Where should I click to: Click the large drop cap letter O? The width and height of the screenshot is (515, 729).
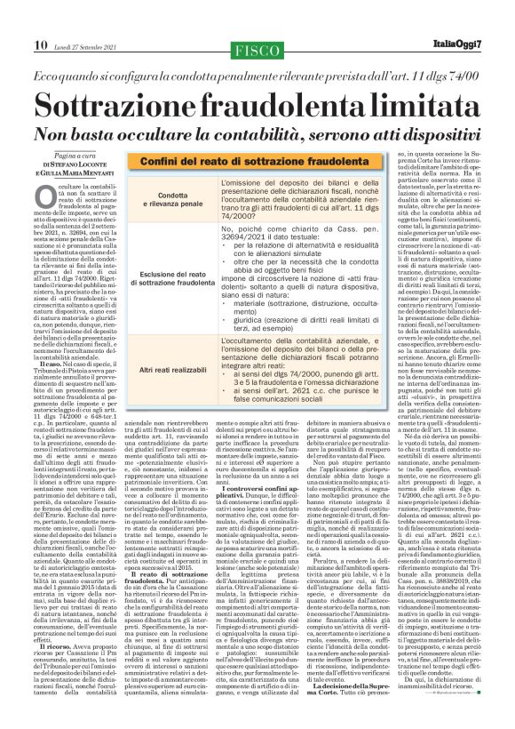coord(46,174)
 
